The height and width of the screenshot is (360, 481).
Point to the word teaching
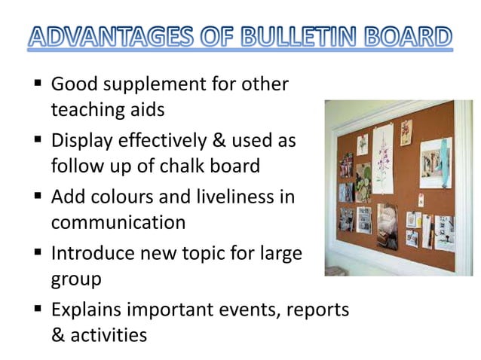point(84,110)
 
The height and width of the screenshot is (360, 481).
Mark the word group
point(75,280)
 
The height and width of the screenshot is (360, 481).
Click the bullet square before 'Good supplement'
point(36,85)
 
